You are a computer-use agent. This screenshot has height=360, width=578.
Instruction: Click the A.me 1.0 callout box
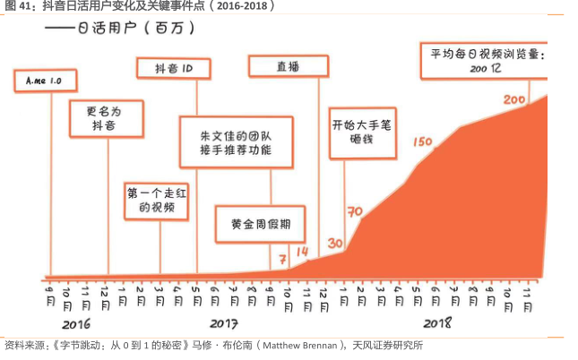pyautogui.click(x=42, y=81)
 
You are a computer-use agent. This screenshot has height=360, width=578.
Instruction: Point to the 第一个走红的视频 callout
pyautogui.click(x=157, y=201)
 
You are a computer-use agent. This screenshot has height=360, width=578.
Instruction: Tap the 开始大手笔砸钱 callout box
pyautogui.click(x=361, y=133)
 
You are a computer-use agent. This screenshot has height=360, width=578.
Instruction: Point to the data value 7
pyautogui.click(x=282, y=259)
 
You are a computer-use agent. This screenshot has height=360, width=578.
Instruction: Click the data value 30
pyautogui.click(x=336, y=243)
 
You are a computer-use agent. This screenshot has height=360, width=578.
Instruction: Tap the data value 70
pyautogui.click(x=354, y=212)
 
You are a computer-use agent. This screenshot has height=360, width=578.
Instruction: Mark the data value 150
pyautogui.click(x=422, y=141)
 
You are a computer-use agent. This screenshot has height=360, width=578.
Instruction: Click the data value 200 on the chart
pyautogui.click(x=515, y=99)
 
